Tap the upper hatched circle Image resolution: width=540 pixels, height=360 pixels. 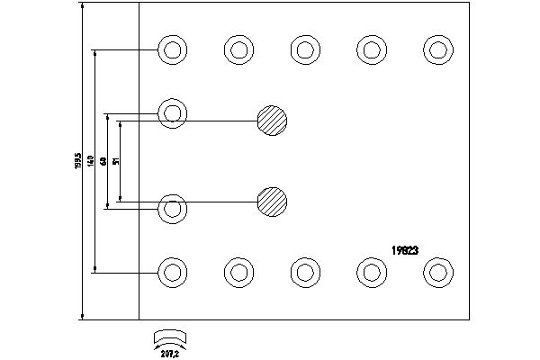[x=272, y=119]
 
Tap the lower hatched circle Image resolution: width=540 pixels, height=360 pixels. [x=272, y=201]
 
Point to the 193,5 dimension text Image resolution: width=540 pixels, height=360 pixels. [x=78, y=161]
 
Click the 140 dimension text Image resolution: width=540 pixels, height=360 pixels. [x=91, y=161]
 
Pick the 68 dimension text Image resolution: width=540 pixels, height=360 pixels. [x=103, y=161]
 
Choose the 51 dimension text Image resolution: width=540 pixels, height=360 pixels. [x=116, y=161]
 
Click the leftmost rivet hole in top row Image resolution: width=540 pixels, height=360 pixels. [x=172, y=49]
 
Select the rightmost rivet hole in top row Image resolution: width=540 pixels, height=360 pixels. [x=438, y=49]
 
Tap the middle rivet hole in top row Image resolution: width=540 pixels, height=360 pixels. [x=305, y=49]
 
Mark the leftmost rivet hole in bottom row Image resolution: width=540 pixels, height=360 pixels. [x=172, y=271]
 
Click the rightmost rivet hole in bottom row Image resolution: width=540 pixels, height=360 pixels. [x=437, y=270]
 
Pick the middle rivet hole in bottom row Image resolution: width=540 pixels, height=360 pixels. [x=305, y=271]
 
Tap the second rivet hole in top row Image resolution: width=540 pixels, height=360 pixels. [x=238, y=49]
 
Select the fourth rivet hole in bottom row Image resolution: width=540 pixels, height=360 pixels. [x=371, y=271]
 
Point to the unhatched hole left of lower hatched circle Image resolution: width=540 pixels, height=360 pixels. [x=172, y=209]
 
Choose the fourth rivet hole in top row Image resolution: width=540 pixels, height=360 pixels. [x=371, y=49]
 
